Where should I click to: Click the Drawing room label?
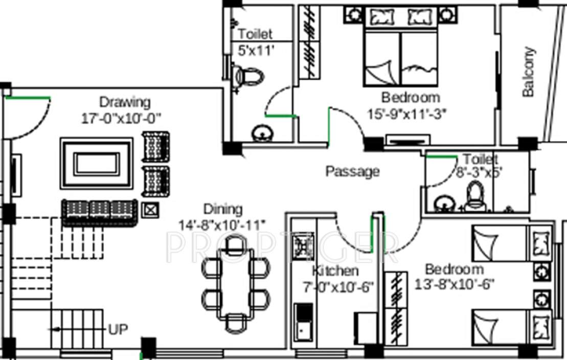pyautogui.click(x=125, y=102)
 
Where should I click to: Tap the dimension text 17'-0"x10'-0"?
pyautogui.click(x=121, y=118)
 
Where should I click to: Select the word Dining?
pyautogui.click(x=222, y=209)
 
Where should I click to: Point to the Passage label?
pyautogui.click(x=353, y=171)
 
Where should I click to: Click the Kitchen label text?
pyautogui.click(x=335, y=271)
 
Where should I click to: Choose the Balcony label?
pyautogui.click(x=528, y=72)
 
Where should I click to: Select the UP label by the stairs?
pyautogui.click(x=118, y=329)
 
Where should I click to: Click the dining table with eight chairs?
pyautogui.click(x=235, y=283)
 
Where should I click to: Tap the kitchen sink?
pyautogui.click(x=304, y=329)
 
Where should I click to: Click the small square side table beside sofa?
pyautogui.click(x=150, y=209)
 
